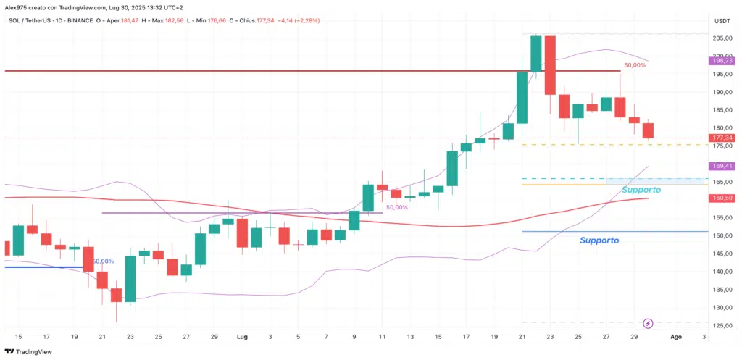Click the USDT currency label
point(721,21)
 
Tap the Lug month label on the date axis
point(241,337)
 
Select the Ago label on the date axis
point(675,337)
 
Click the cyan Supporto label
point(641,190)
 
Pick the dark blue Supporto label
point(599,240)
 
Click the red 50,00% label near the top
point(634,65)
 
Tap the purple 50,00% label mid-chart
point(396,207)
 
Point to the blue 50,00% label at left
point(103,261)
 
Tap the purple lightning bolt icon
point(649,322)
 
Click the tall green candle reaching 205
point(535,54)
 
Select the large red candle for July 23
point(550,65)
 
